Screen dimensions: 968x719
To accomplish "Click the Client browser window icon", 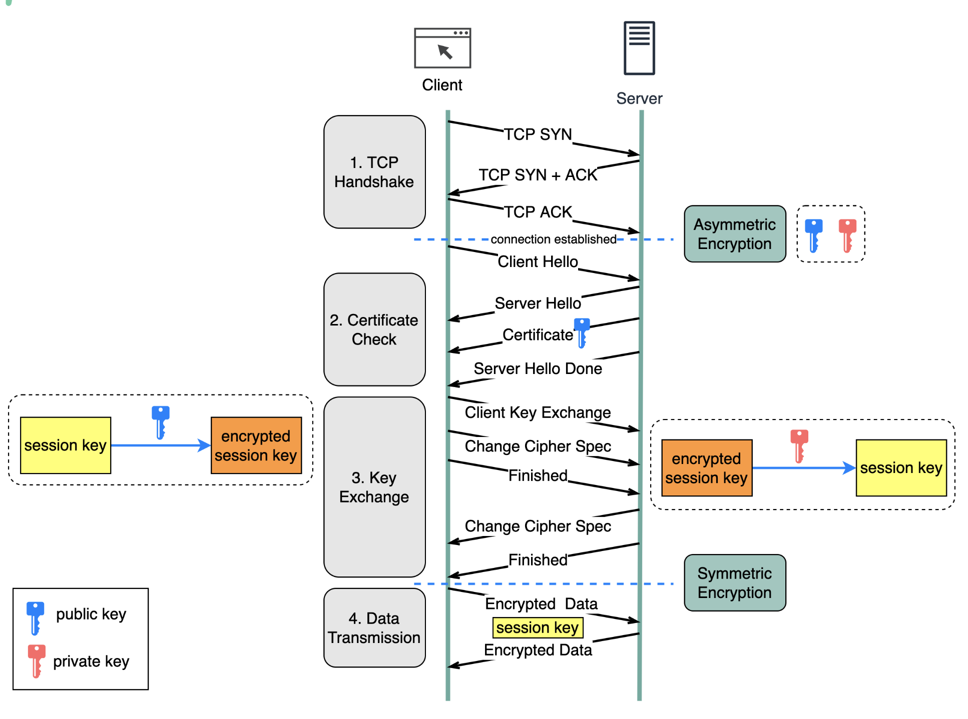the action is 442,48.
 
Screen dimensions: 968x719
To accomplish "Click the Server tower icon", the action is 639,48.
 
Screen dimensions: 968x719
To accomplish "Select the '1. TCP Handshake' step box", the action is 374,172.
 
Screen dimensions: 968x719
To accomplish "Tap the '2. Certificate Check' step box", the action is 374,329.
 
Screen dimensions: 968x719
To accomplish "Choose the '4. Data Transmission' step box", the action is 374,627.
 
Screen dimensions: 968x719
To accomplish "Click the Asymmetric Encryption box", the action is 735,234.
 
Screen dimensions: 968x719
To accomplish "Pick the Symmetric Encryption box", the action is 735,582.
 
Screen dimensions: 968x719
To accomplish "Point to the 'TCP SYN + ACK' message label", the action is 538,175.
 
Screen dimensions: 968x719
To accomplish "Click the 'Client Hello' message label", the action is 538,261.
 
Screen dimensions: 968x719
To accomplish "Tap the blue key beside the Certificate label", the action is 582,332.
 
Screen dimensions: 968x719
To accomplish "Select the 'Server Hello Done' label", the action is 538,368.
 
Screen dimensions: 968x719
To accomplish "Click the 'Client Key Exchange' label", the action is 538,412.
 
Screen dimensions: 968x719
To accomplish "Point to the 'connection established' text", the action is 554,239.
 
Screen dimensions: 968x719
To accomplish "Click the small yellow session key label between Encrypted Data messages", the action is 538,627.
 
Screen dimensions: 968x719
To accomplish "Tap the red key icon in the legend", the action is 37,661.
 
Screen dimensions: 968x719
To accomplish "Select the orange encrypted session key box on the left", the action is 256,445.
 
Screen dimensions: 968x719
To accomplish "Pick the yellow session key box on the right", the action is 901,468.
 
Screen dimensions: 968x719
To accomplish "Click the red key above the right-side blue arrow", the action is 799,446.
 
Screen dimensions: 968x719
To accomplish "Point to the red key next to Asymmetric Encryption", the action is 847,235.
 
